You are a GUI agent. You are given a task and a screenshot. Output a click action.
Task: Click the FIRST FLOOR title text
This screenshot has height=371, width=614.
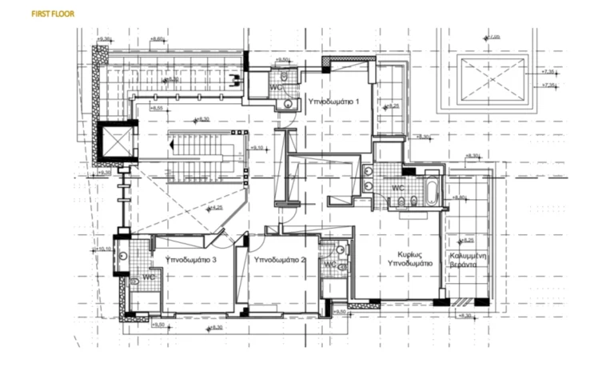coord(52,14)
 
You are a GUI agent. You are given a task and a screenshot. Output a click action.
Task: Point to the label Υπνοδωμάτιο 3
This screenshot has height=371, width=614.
coord(191,260)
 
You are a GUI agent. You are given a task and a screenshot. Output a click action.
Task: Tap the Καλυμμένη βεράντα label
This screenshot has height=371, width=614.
coord(468,257)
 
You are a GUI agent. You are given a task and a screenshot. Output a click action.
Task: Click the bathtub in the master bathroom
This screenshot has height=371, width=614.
coord(432,193)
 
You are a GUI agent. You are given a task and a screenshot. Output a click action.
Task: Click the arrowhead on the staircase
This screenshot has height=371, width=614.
coord(172,146)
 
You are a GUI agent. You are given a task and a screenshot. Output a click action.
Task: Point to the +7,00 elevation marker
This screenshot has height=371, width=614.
coord(492,37)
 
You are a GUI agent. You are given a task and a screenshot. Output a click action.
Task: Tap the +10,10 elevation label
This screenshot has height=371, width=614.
coord(102,249)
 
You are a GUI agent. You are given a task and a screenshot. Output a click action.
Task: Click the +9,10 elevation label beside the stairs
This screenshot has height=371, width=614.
coord(258,148)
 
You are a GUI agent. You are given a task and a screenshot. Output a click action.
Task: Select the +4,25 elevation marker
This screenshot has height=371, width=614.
coord(214,208)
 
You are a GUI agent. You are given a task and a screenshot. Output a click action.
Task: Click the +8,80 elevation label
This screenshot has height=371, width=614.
coord(459,197)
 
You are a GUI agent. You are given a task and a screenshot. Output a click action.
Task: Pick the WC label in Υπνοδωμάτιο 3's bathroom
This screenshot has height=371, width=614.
coord(149,277)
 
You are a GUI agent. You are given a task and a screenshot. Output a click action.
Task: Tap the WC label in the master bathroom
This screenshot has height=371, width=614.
coord(397,189)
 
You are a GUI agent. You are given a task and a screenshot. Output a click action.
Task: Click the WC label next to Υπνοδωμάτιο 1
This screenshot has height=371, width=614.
coord(275,86)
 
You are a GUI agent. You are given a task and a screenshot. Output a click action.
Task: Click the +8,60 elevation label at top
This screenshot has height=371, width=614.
coord(157,38)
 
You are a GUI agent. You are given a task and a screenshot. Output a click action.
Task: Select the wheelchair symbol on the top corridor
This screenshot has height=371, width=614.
coord(233,78)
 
